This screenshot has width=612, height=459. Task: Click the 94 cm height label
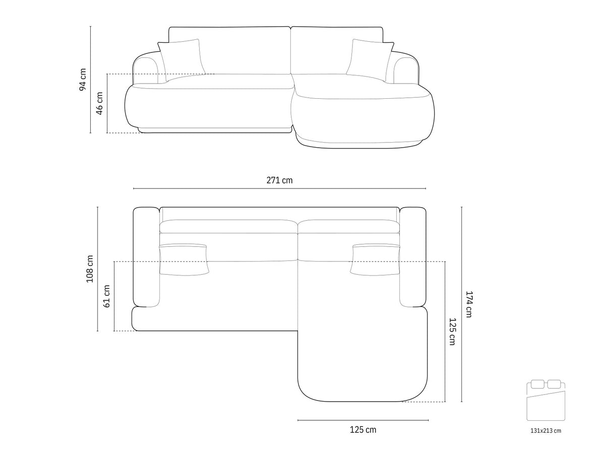83,80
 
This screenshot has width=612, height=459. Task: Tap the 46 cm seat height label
99,103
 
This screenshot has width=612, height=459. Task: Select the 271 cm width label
279,180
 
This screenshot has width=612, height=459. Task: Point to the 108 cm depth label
90,269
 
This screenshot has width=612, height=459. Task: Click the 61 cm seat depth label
106,296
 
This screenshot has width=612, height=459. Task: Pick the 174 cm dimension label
469,304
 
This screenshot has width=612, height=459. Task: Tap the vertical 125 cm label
452,332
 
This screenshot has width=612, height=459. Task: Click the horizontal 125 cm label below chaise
363,430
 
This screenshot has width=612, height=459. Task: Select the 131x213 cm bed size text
545,431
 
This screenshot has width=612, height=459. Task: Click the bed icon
545,400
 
